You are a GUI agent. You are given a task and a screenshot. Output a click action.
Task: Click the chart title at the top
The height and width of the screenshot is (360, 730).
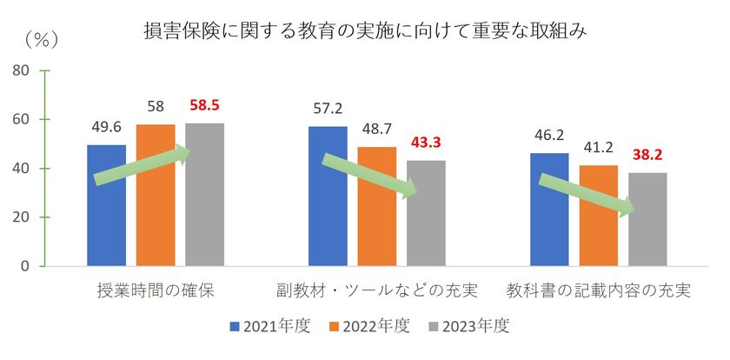[x=365, y=33]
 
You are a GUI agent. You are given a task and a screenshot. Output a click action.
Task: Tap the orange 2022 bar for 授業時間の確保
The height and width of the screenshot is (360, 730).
[x=156, y=195]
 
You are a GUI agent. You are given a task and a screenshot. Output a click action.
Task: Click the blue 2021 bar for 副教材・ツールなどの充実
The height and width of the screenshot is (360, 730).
[x=328, y=196]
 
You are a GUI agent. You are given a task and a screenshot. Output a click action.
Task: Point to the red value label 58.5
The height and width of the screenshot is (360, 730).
[x=205, y=105]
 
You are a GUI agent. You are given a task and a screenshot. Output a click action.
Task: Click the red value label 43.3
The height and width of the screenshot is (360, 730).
[x=426, y=143]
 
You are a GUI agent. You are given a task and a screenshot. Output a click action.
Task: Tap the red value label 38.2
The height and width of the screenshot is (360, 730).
[x=647, y=155]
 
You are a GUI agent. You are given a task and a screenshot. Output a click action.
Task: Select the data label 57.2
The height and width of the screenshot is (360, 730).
[x=328, y=110]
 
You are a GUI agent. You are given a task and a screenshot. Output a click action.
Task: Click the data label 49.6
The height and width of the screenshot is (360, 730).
[x=107, y=128]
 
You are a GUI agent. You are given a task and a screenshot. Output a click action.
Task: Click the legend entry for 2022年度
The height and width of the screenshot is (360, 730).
[x=369, y=327]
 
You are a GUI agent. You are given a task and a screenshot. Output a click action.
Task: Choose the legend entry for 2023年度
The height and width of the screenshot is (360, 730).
[x=468, y=327]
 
